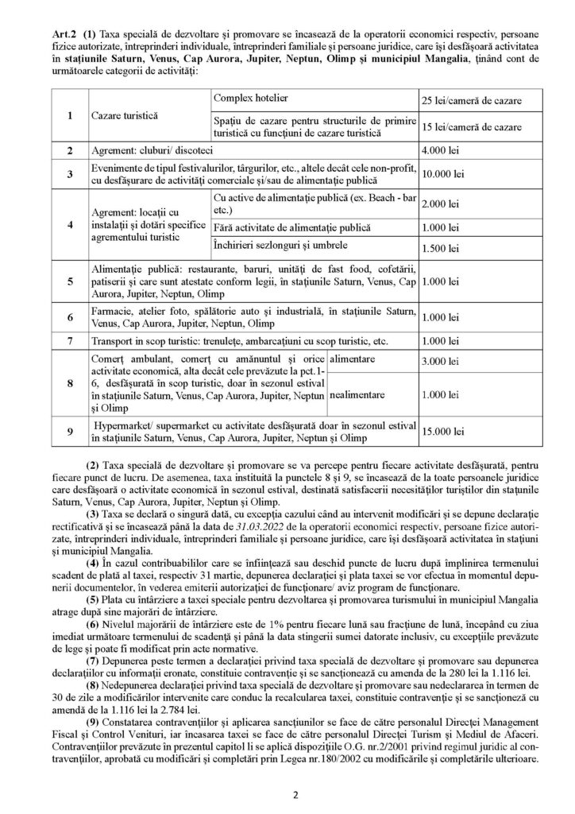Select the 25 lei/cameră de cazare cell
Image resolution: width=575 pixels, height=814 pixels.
coord(472,103)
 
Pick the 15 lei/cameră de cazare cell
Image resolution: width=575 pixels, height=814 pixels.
coord(472,127)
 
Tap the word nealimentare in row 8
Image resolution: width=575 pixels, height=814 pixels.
coord(357,394)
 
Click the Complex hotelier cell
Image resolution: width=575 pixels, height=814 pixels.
coord(252,98)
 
